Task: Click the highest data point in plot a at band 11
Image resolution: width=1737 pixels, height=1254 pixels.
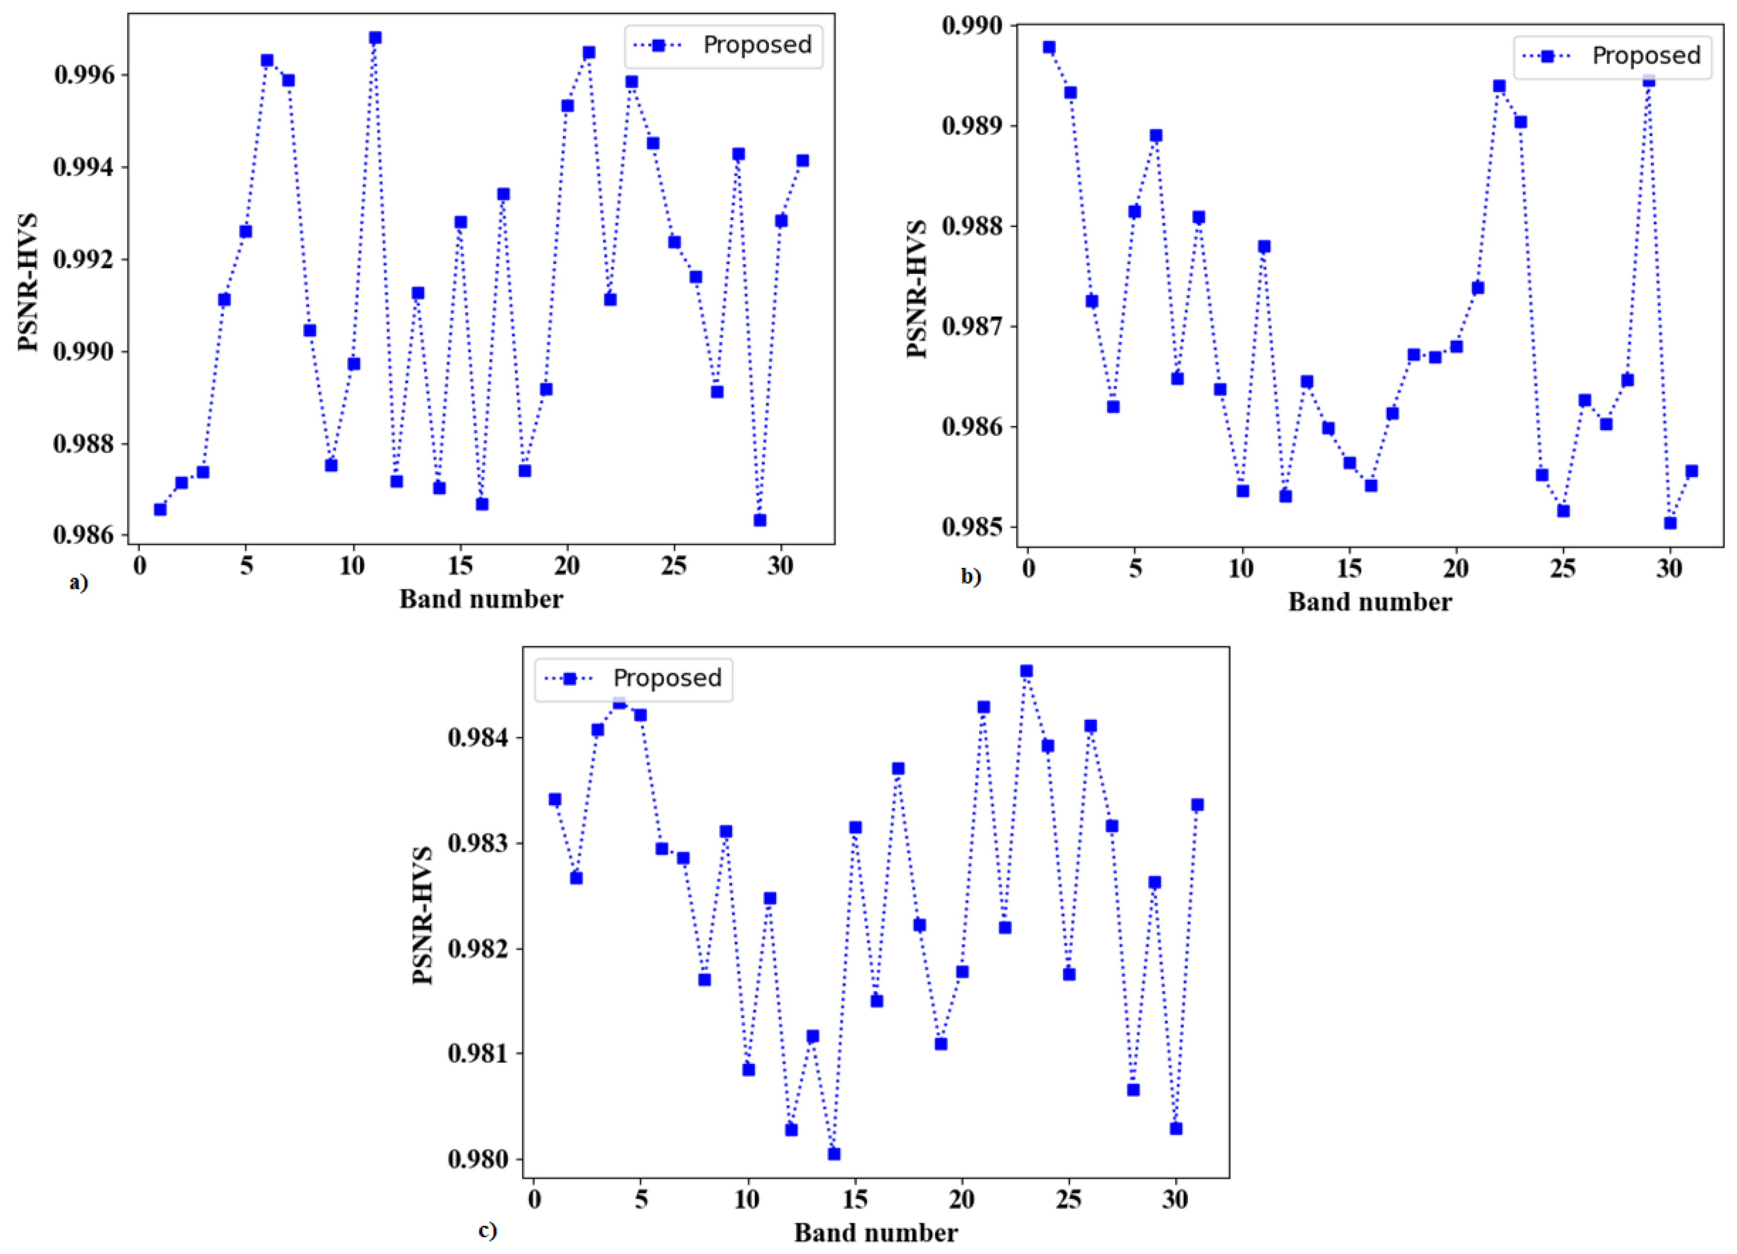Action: tap(374, 37)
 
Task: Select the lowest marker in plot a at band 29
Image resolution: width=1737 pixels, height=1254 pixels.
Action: tap(760, 520)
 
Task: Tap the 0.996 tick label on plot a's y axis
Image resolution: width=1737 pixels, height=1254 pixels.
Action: tap(84, 75)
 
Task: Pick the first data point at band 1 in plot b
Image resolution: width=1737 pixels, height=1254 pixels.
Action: tap(1049, 47)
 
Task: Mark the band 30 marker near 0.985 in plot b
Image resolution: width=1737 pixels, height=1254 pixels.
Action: tap(1671, 523)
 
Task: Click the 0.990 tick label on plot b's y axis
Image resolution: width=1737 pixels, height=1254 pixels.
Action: tap(972, 25)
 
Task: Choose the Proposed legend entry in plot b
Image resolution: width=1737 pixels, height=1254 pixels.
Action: tap(1646, 55)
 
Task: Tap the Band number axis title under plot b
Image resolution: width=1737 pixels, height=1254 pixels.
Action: tap(1370, 602)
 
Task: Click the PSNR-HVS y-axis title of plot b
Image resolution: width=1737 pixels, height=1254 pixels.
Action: tap(917, 289)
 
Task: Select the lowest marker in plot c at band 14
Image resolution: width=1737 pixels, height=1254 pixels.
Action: tap(834, 1154)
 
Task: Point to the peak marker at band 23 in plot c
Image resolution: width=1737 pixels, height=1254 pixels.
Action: tap(1027, 671)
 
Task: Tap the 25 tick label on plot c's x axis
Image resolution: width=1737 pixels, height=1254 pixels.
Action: tap(1069, 1200)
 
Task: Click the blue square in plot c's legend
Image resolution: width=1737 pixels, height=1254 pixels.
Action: tap(569, 679)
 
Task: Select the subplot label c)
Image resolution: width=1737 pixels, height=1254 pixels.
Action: tap(487, 1230)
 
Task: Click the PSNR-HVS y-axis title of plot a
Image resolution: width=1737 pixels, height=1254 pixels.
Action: tap(29, 283)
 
